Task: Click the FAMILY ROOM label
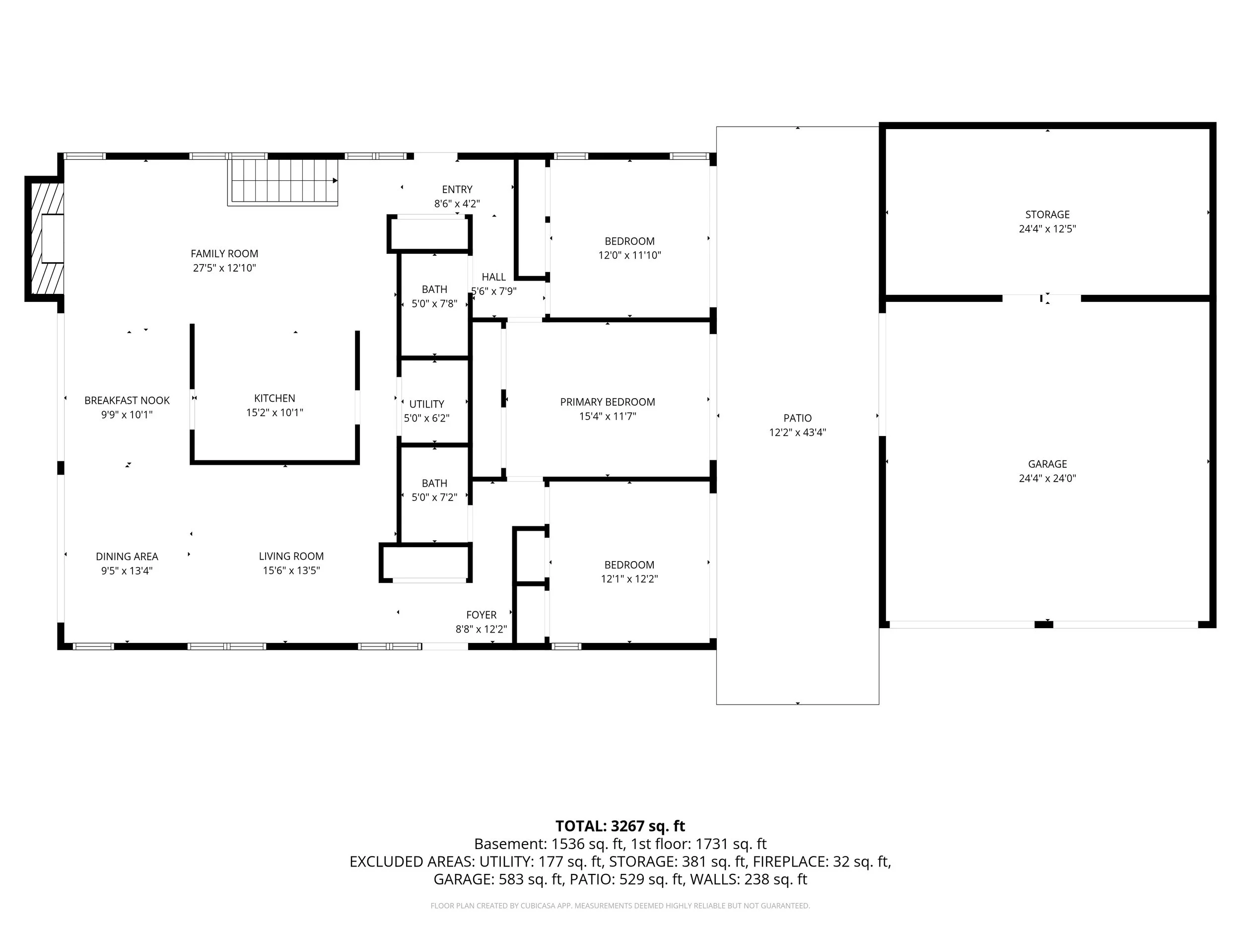224,254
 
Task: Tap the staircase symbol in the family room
283,181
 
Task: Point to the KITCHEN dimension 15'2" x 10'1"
275,413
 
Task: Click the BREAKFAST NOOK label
127,400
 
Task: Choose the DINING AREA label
127,556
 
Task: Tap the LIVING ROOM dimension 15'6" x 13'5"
291,570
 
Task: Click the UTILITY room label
426,404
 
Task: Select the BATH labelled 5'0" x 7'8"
434,296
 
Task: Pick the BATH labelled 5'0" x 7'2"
434,490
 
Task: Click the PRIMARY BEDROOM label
607,402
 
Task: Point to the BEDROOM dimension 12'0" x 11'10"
629,255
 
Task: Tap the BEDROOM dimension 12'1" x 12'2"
629,578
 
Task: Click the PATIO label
797,418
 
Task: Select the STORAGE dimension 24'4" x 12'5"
1047,229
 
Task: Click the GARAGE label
1047,464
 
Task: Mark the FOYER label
481,615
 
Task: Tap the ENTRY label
457,190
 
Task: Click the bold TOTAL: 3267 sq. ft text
620,826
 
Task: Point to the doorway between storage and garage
1041,298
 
